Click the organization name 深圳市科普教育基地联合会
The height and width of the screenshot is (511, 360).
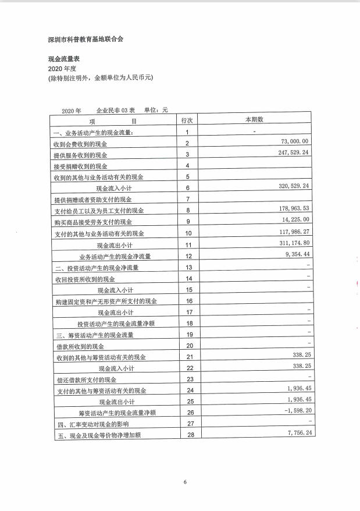85,40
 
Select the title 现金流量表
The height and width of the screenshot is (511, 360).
65,59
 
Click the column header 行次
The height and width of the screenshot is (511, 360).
187,120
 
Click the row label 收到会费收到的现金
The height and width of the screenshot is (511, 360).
80,144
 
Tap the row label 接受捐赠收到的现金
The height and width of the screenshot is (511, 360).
80,166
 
